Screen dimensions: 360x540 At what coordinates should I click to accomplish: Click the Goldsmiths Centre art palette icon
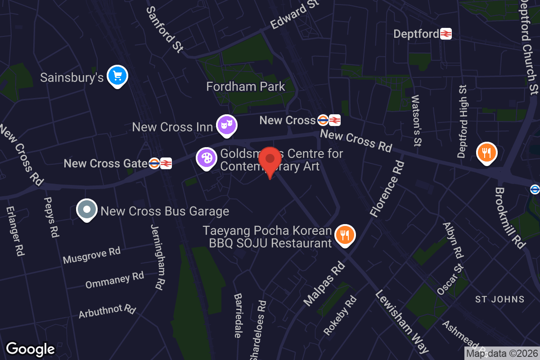(207, 158)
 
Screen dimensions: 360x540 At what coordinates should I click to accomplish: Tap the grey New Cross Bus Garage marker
(87, 210)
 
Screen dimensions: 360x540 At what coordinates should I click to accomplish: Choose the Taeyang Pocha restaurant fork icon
(345, 235)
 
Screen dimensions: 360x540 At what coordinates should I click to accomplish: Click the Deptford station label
(416, 34)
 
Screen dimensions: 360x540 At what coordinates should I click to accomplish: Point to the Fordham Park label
(246, 86)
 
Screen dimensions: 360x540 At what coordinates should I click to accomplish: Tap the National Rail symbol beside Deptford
(446, 34)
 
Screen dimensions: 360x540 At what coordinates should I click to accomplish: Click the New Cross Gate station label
(106, 163)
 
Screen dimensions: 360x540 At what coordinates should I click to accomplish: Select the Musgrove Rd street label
(92, 255)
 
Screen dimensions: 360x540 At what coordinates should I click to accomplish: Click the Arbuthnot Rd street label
(107, 310)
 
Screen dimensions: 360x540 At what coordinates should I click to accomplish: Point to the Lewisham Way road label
(402, 320)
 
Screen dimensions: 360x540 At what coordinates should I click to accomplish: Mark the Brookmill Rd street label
(510, 218)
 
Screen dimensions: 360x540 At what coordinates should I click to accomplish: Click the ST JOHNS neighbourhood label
(500, 299)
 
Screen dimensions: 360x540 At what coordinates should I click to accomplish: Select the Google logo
(31, 349)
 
